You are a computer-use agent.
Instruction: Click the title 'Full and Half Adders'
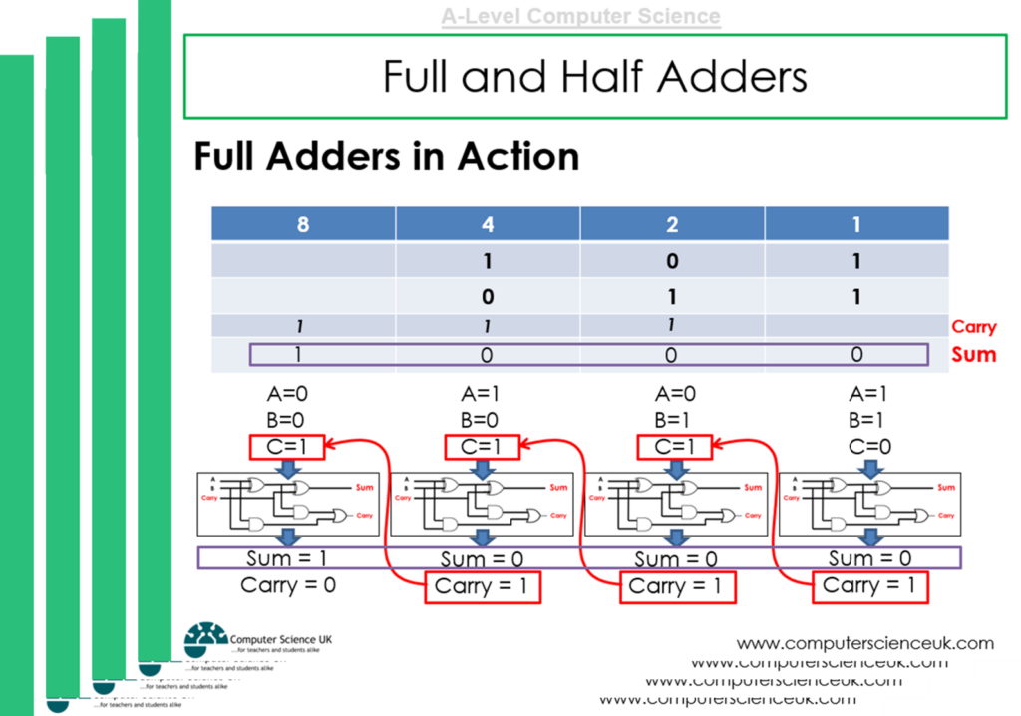(594, 76)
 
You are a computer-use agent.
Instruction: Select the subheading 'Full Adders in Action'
(387, 157)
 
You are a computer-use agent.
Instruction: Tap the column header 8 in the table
(303, 224)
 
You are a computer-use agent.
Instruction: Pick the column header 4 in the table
(488, 224)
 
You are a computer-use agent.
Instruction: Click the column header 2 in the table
(672, 224)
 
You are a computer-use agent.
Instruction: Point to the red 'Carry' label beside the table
(973, 327)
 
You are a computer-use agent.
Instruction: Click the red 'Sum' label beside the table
(973, 354)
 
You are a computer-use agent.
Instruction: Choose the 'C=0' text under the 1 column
(870, 447)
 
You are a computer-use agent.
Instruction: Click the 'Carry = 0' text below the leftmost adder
(288, 585)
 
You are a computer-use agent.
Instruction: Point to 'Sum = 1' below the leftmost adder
(288, 558)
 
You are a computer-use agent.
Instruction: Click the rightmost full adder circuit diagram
(869, 502)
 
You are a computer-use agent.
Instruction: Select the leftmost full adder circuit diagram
(288, 502)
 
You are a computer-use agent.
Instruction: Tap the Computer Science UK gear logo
(205, 639)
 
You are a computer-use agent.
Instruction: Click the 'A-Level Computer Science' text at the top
(580, 17)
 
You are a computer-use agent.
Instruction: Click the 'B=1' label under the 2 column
(676, 420)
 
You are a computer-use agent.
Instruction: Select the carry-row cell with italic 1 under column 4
(488, 326)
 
